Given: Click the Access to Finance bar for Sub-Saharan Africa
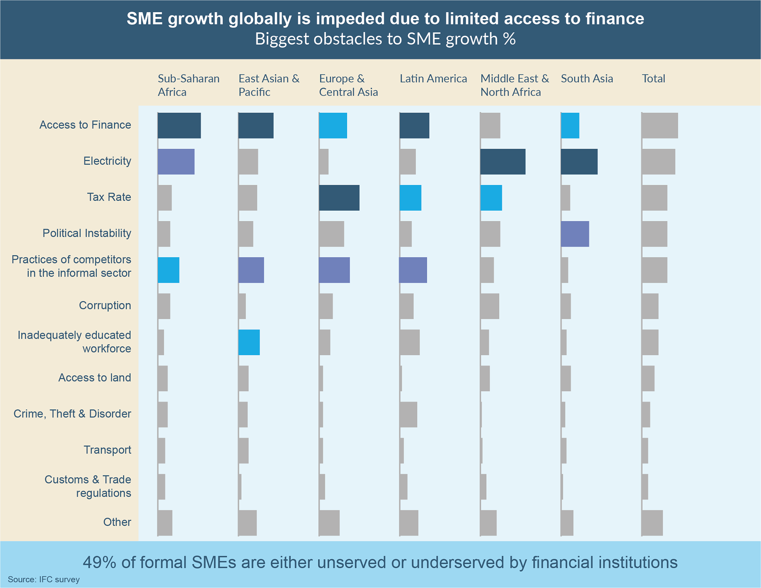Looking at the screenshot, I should (179, 126).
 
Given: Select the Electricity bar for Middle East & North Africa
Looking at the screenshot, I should (503, 162).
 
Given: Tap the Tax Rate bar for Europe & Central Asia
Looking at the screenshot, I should (339, 198).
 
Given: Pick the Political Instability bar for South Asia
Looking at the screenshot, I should (575, 234).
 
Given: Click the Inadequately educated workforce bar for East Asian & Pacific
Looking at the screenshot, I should (249, 342).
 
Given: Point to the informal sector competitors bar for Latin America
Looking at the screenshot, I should (413, 270).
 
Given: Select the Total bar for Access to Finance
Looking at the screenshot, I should (660, 126).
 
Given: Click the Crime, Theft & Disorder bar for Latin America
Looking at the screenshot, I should (408, 414).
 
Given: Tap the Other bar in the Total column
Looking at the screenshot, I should (652, 523).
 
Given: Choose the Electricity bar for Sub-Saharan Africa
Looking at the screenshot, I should (176, 162).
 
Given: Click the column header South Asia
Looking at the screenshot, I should (587, 79).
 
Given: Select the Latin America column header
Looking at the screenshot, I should (433, 79).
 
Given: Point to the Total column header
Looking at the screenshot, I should (653, 79).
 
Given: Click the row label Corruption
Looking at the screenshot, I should (105, 305).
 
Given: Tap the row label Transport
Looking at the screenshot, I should (107, 450).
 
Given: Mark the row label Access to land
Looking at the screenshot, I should (94, 377).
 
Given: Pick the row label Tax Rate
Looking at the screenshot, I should (109, 197).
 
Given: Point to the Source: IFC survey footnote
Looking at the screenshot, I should (44, 579).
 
